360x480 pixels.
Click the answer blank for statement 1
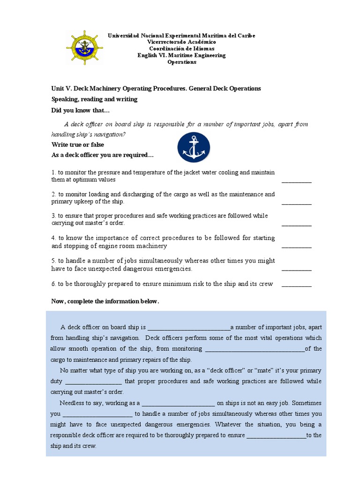(296, 180)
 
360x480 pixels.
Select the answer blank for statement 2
(296, 202)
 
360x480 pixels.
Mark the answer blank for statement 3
(296, 224)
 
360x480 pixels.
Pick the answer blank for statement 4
(296, 246)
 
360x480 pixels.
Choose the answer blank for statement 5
(296, 269)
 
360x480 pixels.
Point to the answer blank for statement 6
(296, 285)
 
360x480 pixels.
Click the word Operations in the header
(182, 62)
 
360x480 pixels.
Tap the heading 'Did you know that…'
(80, 111)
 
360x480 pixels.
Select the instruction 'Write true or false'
(77, 145)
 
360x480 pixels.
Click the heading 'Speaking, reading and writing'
(94, 99)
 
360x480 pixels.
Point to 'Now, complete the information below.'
(105, 301)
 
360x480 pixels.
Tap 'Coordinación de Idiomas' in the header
(181, 49)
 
